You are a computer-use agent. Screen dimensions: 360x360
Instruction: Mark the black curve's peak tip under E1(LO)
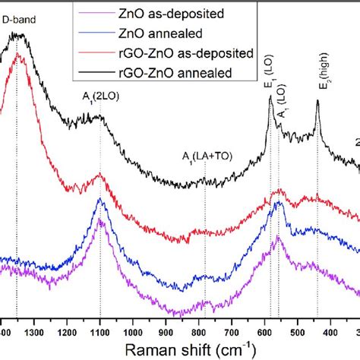tap(270, 97)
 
